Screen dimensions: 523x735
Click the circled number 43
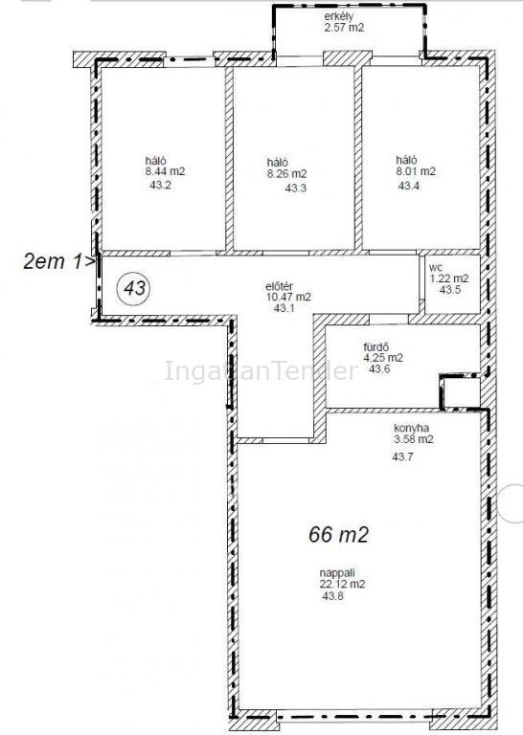[135, 288]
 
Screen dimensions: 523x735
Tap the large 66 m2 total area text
[339, 534]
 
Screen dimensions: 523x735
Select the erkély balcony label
[339, 17]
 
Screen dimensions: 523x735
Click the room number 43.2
[160, 185]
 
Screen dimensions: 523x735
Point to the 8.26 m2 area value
[286, 174]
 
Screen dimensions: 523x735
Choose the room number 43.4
[409, 186]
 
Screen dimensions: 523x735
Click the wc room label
[436, 268]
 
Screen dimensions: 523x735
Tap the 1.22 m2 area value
[449, 278]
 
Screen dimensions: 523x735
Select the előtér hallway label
[280, 286]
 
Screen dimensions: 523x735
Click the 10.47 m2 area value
[288, 297]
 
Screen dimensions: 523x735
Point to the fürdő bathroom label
[376, 347]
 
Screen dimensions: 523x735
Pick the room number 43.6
[379, 368]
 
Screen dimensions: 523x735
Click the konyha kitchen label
[411, 428]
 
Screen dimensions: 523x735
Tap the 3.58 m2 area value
[414, 439]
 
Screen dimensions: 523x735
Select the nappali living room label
[337, 573]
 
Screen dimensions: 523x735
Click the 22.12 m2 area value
[342, 585]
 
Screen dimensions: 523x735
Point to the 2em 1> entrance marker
[59, 261]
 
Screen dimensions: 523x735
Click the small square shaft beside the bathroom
[460, 391]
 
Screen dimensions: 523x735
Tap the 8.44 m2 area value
[165, 171]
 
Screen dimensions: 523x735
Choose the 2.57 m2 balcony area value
[344, 27]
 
